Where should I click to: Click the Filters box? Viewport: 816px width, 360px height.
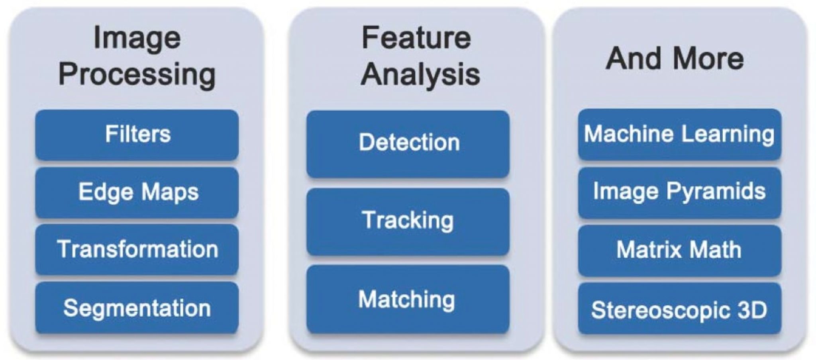click(137, 134)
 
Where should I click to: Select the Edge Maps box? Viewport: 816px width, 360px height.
click(137, 192)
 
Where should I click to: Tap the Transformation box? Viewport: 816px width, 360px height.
click(137, 250)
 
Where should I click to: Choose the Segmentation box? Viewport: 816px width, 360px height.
click(137, 308)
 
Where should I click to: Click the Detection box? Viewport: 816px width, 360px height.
click(408, 143)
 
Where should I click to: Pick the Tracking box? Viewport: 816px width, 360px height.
click(408, 221)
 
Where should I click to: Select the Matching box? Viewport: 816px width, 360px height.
click(408, 299)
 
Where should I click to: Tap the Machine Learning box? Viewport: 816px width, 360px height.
click(680, 134)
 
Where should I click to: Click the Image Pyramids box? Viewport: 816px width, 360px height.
click(680, 192)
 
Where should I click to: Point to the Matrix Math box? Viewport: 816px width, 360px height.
click(680, 250)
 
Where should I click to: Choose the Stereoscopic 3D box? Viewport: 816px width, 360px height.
click(680, 309)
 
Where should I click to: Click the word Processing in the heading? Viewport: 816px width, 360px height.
click(137, 75)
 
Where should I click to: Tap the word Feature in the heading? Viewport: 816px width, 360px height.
click(416, 38)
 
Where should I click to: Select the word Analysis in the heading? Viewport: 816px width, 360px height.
click(420, 74)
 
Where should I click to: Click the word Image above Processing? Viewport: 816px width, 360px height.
click(137, 38)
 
